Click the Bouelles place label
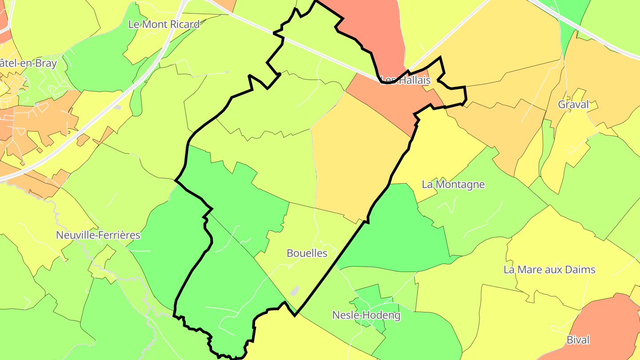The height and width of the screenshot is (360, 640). pos(307,253)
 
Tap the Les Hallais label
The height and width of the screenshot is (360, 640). pos(406,80)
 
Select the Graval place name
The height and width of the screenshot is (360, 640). pos(573,104)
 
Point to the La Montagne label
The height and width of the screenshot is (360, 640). pos(453,184)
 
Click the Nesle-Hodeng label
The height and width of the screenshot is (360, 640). pos(366,316)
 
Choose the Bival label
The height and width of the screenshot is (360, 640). pos(578,340)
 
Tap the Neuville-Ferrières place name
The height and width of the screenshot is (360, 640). pos(98,235)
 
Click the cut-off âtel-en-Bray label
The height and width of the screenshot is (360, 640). pos(28,63)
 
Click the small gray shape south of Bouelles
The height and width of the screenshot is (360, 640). pos(294,291)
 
